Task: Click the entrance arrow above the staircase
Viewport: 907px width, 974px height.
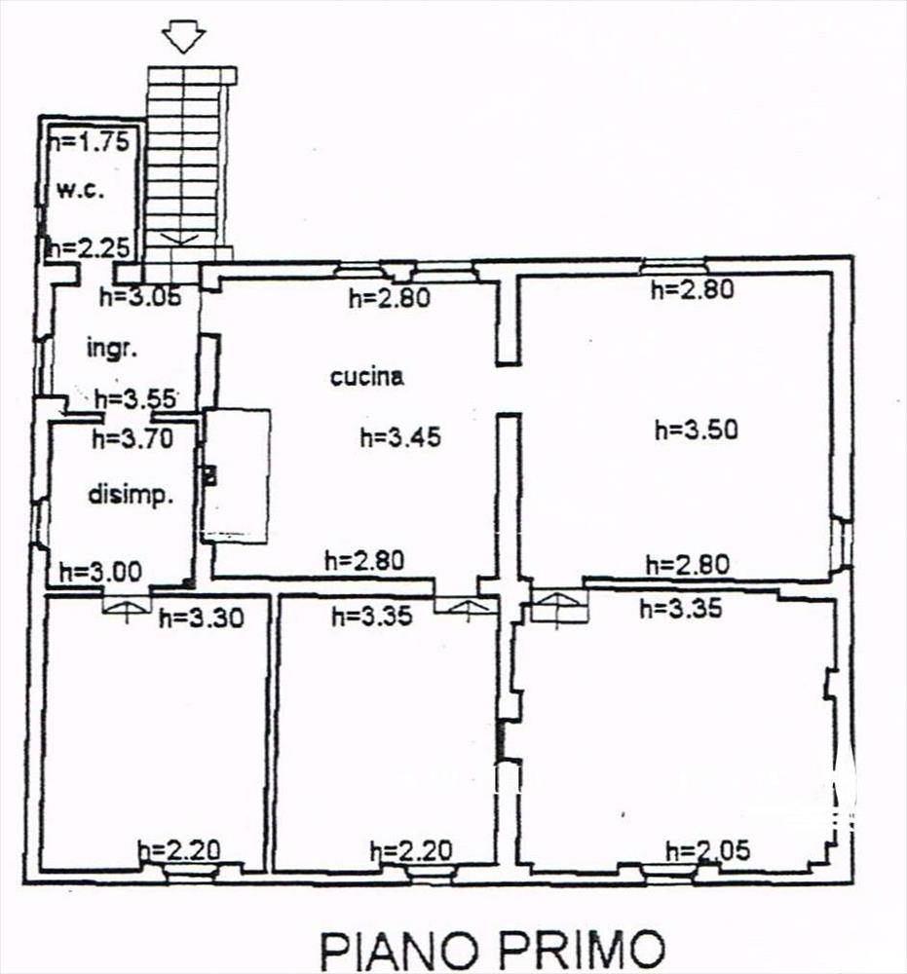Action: pyautogui.click(x=183, y=38)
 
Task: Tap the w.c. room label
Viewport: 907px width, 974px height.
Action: pyautogui.click(x=80, y=189)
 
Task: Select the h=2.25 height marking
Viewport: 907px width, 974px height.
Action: pyautogui.click(x=90, y=247)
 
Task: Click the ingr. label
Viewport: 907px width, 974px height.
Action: pyautogui.click(x=112, y=349)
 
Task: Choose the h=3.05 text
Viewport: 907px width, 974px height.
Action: pyautogui.click(x=140, y=296)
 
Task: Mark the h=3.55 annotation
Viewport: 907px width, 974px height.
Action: pyautogui.click(x=135, y=398)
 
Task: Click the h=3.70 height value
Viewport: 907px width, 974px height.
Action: pyautogui.click(x=132, y=438)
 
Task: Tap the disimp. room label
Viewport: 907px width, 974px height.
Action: pyautogui.click(x=131, y=495)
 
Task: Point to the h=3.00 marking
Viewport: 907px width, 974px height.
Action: pyautogui.click(x=100, y=572)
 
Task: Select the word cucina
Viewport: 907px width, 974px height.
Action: pyautogui.click(x=366, y=376)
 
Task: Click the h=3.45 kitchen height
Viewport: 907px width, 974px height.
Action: pyautogui.click(x=400, y=436)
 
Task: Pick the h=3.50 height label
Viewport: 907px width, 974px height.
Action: pyautogui.click(x=697, y=430)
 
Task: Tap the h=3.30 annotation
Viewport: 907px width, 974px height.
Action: pyautogui.click(x=202, y=618)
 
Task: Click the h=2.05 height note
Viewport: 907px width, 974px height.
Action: pyautogui.click(x=707, y=849)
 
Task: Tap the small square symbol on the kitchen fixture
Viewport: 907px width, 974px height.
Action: pyautogui.click(x=210, y=477)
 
